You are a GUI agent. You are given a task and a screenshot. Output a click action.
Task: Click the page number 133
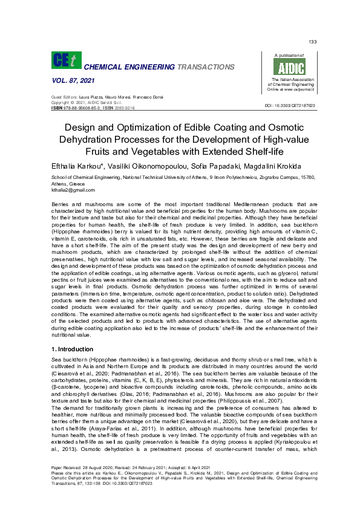click(x=312, y=41)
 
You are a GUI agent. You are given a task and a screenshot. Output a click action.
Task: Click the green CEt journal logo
click(x=65, y=61)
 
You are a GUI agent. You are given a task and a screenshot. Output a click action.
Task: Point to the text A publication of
click(x=289, y=54)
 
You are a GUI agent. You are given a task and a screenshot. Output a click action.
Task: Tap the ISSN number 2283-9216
click(x=125, y=107)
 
